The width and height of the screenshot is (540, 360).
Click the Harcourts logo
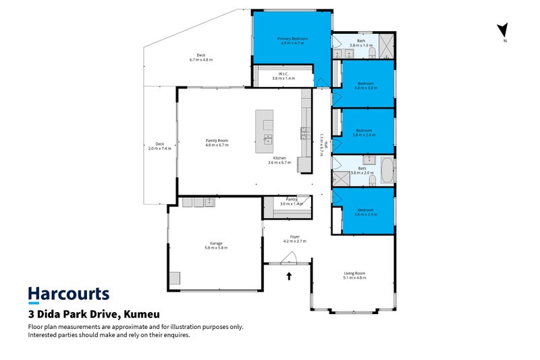pyautogui.click(x=68, y=294)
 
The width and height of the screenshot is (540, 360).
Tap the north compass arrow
pyautogui.click(x=502, y=30)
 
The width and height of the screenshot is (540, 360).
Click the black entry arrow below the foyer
pyautogui.click(x=290, y=276)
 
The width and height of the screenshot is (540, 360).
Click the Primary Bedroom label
pyautogui.click(x=292, y=39)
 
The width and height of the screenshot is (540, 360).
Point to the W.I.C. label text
pyautogui.click(x=284, y=74)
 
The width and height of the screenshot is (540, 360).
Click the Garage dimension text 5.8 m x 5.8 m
pyautogui.click(x=216, y=248)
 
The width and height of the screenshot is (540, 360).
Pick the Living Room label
pyautogui.click(x=354, y=274)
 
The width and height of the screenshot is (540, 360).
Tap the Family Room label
pyautogui.click(x=217, y=140)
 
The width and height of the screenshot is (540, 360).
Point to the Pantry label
pyautogui.click(x=292, y=199)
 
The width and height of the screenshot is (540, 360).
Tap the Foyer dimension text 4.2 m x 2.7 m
pyautogui.click(x=294, y=240)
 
